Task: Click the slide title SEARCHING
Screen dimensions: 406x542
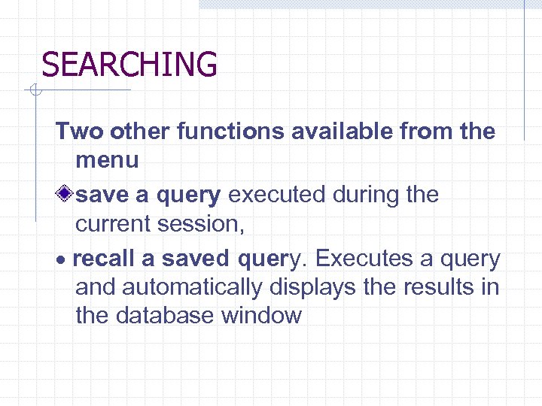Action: click(x=129, y=65)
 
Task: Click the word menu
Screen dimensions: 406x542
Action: click(x=107, y=160)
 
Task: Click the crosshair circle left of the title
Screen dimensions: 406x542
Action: click(x=33, y=92)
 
